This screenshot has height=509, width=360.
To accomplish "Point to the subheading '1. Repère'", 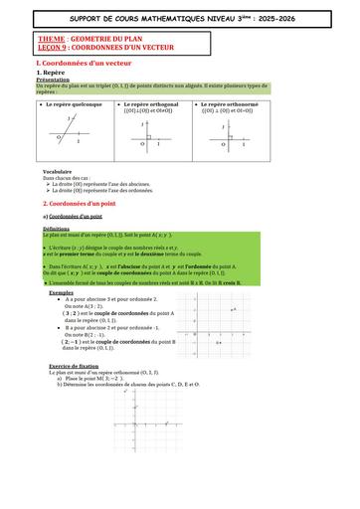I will (x=51, y=74).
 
